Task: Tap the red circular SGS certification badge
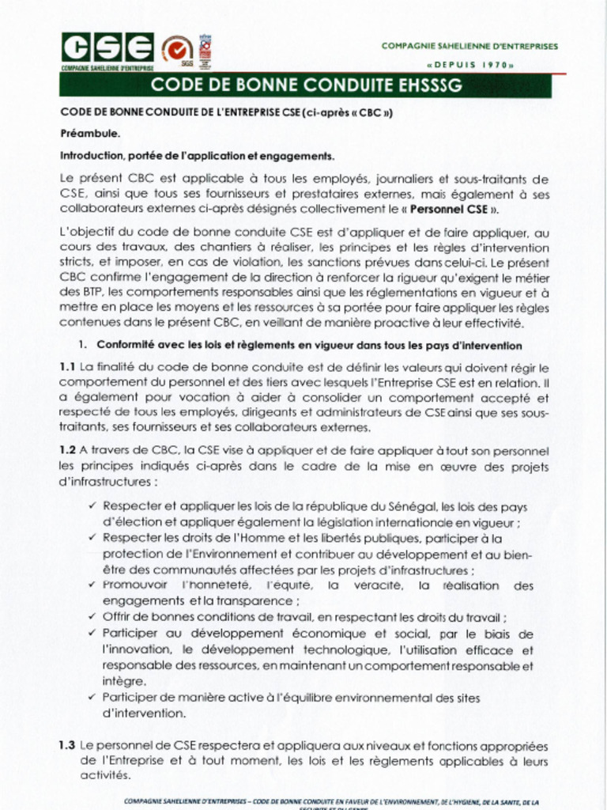pos(178,51)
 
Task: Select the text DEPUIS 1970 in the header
pos(470,64)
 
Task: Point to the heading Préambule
pos(90,134)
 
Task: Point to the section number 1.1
pos(67,367)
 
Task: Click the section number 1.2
pos(67,450)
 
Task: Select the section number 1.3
pos(67,745)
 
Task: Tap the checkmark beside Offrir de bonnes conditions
pos(92,618)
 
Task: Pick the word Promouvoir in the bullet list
pos(135,586)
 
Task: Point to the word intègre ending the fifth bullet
pos(124,681)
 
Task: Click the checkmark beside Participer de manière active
pos(92,697)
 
